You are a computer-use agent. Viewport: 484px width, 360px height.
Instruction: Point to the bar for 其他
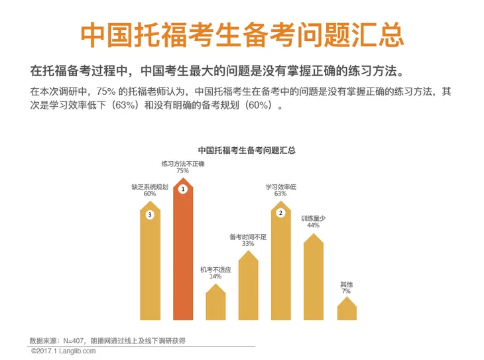coord(346,310)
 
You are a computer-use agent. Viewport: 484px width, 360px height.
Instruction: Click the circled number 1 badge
coord(183,189)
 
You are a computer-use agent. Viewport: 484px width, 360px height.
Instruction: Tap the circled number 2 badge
coord(280,213)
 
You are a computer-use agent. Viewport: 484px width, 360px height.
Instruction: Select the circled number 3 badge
coord(151,215)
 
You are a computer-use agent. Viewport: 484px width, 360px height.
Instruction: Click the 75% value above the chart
coord(183,171)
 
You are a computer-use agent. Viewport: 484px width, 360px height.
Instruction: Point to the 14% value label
coord(215,276)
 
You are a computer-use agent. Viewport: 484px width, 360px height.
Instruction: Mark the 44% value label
coord(314,225)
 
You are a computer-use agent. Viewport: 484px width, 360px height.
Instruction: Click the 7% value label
coord(346,292)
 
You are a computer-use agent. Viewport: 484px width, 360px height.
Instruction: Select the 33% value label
coord(248,244)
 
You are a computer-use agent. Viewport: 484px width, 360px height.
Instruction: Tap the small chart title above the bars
coord(247,150)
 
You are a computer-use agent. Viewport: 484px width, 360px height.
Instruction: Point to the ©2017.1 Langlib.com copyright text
coord(63,351)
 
